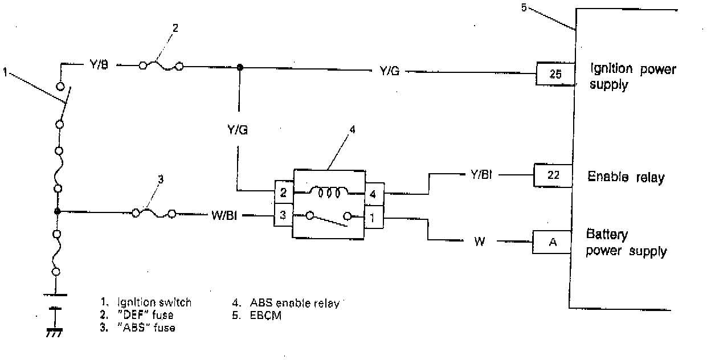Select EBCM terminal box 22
point(552,175)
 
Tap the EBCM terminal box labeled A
point(551,242)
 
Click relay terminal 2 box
point(283,193)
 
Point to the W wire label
point(480,242)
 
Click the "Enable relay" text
point(626,177)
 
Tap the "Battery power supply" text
point(626,243)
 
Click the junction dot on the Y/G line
point(240,67)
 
